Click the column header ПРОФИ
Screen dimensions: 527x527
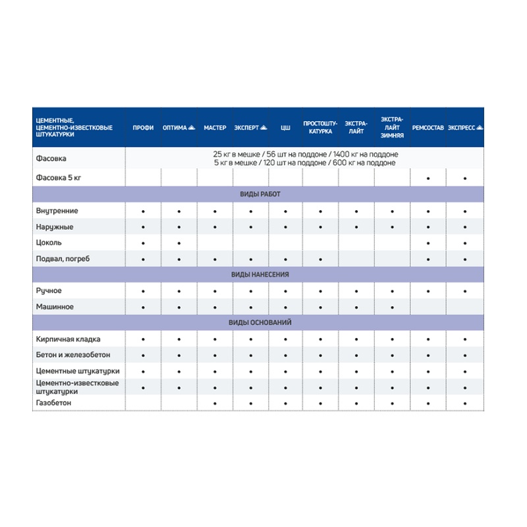click(x=143, y=127)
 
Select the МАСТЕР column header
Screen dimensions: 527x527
click(x=215, y=127)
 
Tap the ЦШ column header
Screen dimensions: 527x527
click(x=285, y=127)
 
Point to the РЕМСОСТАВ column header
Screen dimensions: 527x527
click(x=428, y=127)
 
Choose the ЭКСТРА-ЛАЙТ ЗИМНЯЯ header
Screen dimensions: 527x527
click(x=392, y=127)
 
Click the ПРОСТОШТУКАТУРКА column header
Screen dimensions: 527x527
click(x=320, y=127)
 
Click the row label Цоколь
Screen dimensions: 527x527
click(x=49, y=243)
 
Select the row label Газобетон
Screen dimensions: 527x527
click(x=54, y=402)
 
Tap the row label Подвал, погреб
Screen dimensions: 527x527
click(x=63, y=259)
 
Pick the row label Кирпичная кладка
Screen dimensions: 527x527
click(x=69, y=339)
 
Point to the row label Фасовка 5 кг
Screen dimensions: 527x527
click(x=61, y=178)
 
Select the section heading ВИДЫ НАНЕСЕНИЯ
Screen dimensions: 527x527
click(x=260, y=275)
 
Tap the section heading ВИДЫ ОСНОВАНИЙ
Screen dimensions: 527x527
click(x=260, y=323)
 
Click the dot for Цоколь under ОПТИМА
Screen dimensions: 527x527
click(x=179, y=244)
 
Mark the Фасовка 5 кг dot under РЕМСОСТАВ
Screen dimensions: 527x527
click(x=429, y=179)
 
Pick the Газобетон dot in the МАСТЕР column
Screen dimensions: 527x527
click(x=215, y=402)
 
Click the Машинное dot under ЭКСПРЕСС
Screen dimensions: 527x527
click(x=465, y=308)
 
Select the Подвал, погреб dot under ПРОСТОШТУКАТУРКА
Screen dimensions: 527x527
click(x=321, y=260)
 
